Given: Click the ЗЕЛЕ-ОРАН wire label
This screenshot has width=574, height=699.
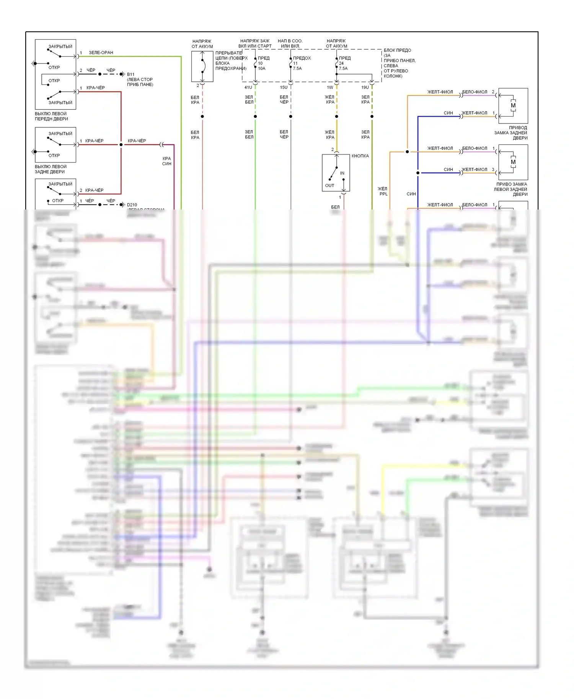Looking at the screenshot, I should (101, 53).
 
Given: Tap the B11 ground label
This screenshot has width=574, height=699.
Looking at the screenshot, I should (131, 75).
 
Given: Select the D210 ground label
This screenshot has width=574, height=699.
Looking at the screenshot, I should (132, 205).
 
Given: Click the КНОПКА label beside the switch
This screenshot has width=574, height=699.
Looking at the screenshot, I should (360, 156).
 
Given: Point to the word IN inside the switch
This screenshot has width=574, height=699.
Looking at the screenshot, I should (342, 173).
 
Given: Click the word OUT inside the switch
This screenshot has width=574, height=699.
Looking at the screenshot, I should (329, 185).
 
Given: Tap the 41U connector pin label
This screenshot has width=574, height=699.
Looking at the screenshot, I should (248, 88).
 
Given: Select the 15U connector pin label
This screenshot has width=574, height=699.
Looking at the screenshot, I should (284, 88).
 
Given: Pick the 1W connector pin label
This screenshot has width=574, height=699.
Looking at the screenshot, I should (330, 88).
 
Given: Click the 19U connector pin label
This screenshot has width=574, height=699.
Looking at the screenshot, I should (365, 88).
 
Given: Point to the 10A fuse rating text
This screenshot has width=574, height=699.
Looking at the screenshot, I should (261, 68).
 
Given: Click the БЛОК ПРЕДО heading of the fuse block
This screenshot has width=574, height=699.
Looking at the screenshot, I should (398, 50).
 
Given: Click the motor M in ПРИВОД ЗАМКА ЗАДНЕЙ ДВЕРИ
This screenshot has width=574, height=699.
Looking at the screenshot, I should (513, 106).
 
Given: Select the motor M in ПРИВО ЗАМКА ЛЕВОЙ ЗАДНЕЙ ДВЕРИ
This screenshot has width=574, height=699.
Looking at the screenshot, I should (513, 162).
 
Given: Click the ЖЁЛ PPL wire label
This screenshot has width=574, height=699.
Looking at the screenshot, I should (383, 191).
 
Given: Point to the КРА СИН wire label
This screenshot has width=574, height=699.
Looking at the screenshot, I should (167, 161).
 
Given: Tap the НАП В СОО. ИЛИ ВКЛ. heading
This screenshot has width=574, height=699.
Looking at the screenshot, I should (290, 44).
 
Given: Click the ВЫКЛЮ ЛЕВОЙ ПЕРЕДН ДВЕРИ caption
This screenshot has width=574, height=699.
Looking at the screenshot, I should (51, 116).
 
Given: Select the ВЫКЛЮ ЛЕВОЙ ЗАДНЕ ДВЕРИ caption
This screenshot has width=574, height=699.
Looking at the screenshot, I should (51, 169).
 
